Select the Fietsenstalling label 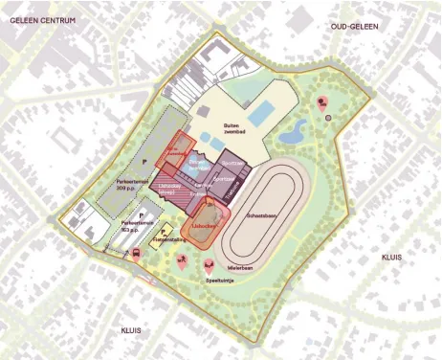click(171, 240)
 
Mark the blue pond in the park click(298, 130)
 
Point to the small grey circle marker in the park click(329, 116)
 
